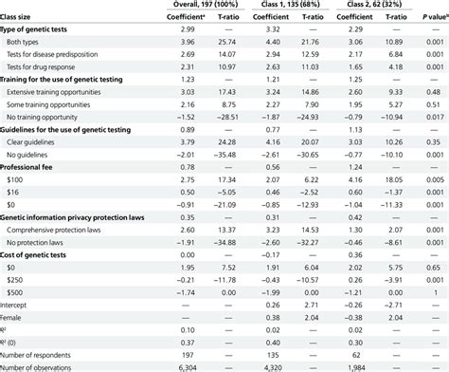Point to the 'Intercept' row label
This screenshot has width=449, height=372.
click(x=20, y=305)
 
